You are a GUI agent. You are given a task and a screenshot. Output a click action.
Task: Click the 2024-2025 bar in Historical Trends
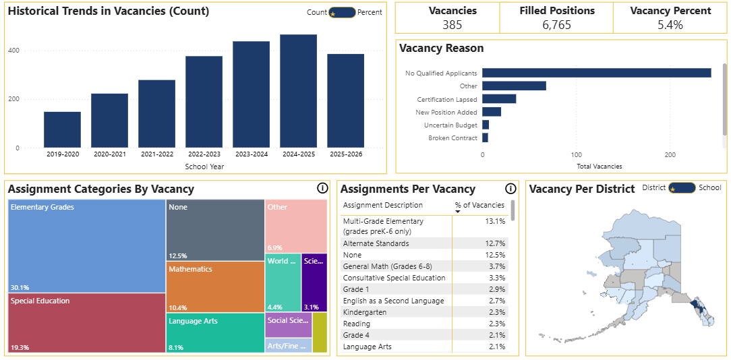pos(298,91)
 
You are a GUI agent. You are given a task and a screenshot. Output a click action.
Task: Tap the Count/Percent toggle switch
pos(342,12)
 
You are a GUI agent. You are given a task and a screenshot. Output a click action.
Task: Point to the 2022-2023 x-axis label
pos(204,154)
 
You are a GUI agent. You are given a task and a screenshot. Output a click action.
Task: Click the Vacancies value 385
pos(452,25)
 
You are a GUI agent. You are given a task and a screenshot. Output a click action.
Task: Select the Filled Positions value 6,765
pos(556,25)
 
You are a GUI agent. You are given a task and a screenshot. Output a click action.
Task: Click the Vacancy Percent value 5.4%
pos(670,25)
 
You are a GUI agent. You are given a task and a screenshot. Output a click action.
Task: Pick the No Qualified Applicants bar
pos(596,73)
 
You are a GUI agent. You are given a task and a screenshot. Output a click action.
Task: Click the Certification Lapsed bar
pos(499,99)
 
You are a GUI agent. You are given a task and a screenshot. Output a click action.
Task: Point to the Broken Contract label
pos(452,138)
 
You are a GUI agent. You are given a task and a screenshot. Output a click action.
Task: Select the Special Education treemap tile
pos(86,322)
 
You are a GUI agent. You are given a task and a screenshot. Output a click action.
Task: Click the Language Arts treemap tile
pos(214,332)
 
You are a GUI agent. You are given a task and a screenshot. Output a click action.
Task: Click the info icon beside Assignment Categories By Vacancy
pos(322,189)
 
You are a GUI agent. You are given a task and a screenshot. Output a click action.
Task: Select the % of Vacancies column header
pos(479,205)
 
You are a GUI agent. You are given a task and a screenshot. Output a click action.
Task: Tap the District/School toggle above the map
pos(682,188)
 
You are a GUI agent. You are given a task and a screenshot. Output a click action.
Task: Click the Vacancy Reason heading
pos(441,49)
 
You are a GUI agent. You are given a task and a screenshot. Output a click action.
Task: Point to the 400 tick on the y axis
pos(32,51)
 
